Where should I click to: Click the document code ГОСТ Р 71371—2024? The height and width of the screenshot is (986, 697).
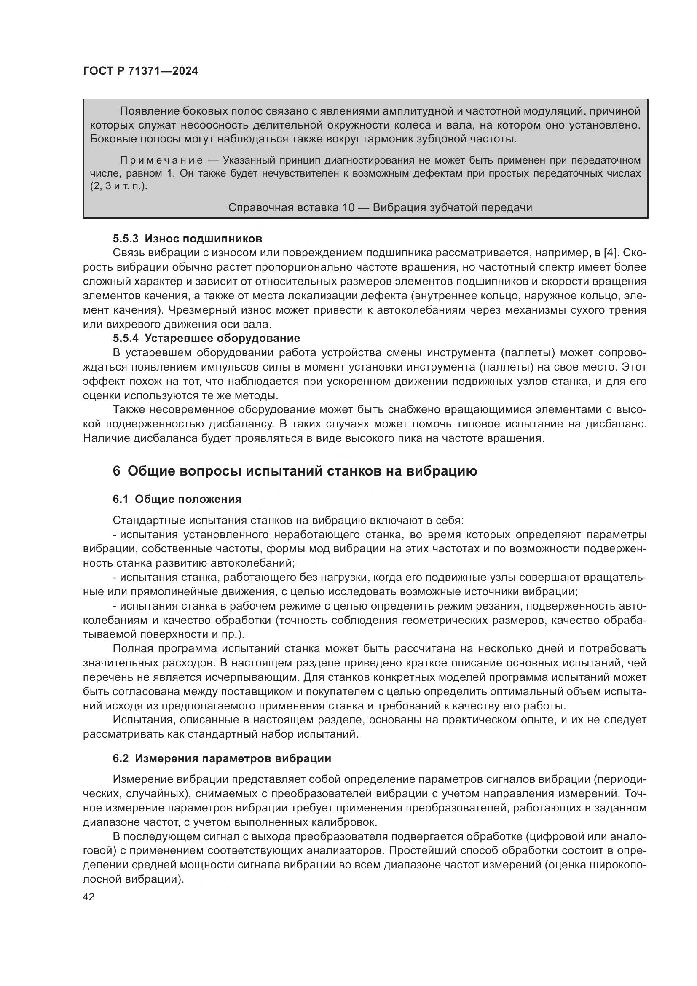tap(140, 71)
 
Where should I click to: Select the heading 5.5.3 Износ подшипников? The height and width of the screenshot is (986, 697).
tap(187, 238)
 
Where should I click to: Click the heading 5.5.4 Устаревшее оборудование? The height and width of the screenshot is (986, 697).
tap(206, 338)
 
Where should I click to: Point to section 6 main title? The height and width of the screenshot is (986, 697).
tap(295, 471)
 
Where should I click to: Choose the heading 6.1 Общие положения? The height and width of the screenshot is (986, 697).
tap(177, 499)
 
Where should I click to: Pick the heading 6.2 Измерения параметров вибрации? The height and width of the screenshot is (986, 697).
tap(222, 758)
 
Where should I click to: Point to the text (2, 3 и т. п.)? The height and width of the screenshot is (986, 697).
tap(118, 187)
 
